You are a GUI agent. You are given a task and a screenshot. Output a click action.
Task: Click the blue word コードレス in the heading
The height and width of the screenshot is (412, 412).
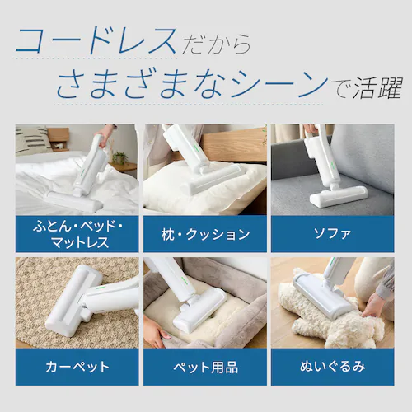96,41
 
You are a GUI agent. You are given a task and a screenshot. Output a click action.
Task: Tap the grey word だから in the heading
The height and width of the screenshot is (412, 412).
217,44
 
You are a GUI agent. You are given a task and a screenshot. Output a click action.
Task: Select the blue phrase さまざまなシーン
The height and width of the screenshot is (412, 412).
193,83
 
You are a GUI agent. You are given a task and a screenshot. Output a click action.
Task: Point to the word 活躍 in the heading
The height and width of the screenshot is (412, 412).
378,87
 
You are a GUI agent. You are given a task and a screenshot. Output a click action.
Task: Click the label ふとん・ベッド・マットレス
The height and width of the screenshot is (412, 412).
77,234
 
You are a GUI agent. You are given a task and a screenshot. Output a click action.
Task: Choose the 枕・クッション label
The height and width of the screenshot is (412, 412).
205,234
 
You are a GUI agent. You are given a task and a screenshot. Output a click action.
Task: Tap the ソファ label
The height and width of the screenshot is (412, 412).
332,234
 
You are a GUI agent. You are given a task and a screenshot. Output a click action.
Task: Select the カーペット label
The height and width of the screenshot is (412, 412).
77,367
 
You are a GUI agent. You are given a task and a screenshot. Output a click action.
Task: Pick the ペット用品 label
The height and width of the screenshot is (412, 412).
205,368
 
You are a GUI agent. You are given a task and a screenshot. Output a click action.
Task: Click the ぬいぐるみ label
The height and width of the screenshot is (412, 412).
333,367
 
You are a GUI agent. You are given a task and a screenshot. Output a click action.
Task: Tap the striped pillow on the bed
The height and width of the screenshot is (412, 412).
32,140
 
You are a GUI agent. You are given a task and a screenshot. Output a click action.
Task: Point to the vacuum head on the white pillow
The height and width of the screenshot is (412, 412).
213,179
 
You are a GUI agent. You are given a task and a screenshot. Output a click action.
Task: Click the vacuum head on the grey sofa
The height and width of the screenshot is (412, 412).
339,196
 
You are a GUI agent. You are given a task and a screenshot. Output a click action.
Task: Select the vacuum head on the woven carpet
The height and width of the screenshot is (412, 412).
73,300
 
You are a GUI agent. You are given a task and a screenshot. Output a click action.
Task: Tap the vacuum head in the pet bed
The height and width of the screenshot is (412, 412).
200,309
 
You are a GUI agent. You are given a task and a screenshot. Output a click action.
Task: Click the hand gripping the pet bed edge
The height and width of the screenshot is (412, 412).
156,331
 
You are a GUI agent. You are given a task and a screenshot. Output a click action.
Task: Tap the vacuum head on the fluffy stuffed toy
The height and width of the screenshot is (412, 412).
321,295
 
